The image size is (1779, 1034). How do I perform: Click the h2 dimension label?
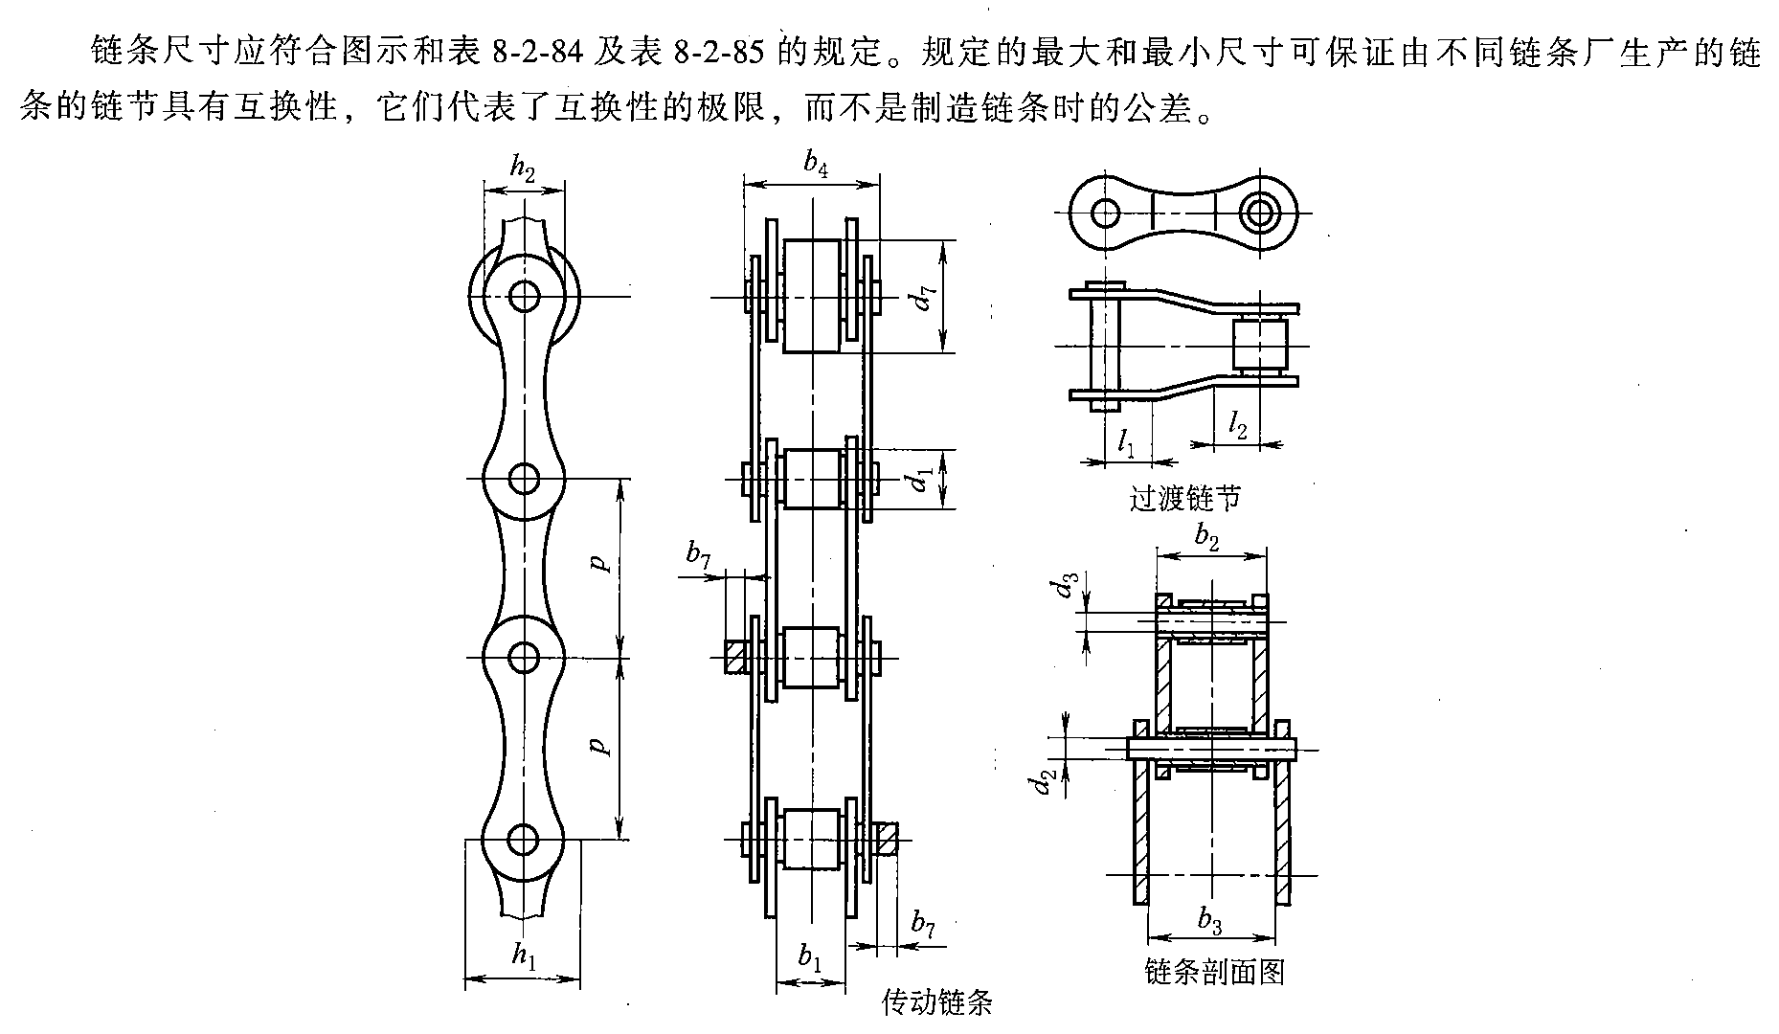(522, 170)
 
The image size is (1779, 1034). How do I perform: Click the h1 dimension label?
(522, 954)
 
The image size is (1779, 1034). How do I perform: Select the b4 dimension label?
(816, 165)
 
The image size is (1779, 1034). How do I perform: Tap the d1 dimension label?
(922, 479)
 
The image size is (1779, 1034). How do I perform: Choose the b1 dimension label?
(810, 956)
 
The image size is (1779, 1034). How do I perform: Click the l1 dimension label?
(1127, 442)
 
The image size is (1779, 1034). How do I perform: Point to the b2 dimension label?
(1207, 538)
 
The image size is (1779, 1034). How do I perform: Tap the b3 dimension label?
(1210, 921)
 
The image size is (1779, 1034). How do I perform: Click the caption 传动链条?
(936, 1002)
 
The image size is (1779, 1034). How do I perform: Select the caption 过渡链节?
(1185, 498)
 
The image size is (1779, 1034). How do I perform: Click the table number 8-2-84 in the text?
(537, 53)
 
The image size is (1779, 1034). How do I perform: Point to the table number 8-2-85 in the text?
(716, 53)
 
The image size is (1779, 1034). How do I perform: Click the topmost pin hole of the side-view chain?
(524, 296)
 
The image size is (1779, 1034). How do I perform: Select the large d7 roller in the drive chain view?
(811, 296)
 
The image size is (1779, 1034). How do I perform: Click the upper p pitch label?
(601, 563)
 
